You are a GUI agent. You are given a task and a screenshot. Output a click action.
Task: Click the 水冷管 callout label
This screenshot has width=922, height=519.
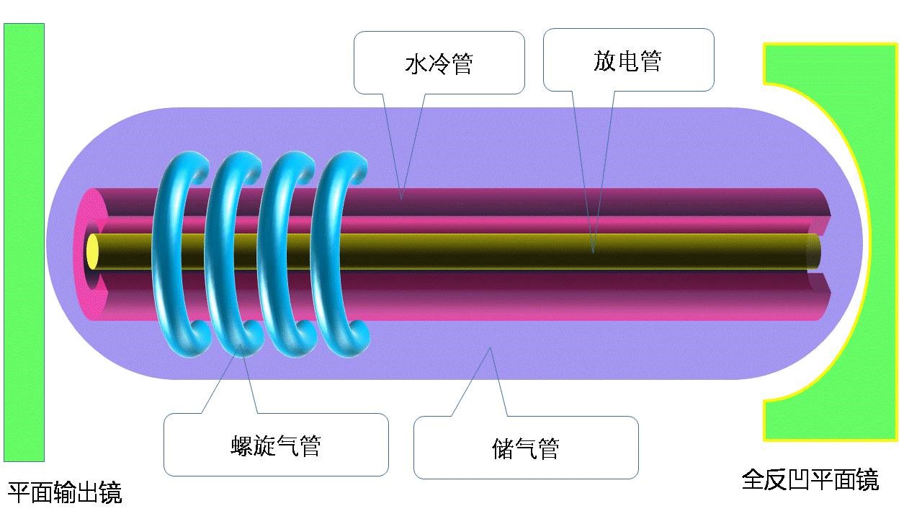tap(439, 64)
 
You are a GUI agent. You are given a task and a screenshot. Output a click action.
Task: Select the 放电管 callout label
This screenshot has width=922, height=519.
tap(627, 61)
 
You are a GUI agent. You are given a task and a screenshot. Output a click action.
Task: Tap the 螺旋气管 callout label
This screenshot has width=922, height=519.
tap(276, 445)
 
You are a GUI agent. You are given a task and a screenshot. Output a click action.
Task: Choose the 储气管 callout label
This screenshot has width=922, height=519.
tap(526, 448)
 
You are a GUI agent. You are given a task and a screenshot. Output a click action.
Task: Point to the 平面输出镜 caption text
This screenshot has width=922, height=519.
tap(65, 492)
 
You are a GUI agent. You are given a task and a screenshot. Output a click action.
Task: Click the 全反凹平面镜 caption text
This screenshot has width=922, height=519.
tap(810, 479)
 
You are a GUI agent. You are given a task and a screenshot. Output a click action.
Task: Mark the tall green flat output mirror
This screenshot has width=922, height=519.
tap(24, 242)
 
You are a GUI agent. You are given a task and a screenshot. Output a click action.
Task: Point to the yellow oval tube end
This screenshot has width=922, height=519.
tap(92, 252)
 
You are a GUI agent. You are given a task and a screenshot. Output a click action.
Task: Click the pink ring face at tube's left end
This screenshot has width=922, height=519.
tap(81, 254)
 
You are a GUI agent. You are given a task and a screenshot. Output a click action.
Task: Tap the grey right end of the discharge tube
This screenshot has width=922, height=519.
tap(813, 252)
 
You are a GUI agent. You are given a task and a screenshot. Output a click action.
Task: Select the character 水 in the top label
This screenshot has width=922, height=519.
tap(416, 64)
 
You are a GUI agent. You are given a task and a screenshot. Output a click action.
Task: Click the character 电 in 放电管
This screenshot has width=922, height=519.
tap(627, 61)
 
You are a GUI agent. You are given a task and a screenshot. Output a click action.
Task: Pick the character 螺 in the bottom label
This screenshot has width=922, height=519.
tap(241, 445)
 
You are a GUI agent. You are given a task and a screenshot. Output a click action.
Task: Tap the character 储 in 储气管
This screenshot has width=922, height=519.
tap(503, 448)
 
